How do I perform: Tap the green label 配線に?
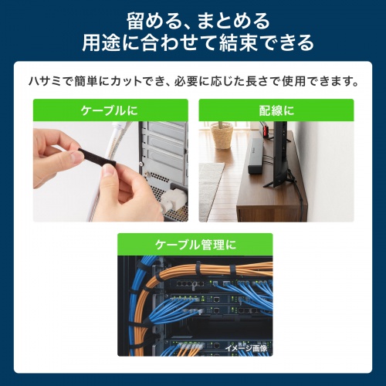pos(276,110)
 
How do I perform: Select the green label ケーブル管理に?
pos(193,244)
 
